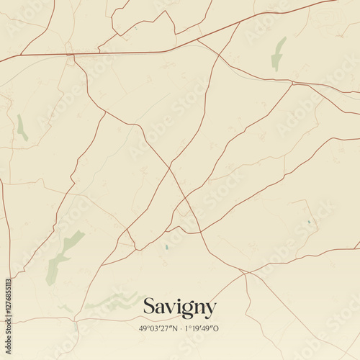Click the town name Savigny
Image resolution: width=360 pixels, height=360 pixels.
click(x=179, y=307)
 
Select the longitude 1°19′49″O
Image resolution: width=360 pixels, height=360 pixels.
click(x=202, y=328)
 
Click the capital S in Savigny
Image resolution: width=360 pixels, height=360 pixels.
click(x=149, y=307)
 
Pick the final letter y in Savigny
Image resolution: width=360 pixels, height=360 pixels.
click(x=210, y=310)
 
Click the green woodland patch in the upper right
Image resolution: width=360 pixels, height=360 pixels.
click(x=278, y=54)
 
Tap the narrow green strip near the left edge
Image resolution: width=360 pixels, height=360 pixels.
click(x=22, y=127)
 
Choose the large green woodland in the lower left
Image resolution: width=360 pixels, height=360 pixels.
click(x=61, y=256)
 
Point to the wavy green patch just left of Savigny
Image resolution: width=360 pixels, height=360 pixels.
click(x=112, y=301)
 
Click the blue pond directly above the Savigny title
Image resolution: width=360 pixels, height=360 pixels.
click(x=166, y=247)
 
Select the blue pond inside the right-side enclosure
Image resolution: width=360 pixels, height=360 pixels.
click(x=308, y=222)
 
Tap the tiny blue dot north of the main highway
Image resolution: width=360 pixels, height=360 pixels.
click(x=135, y=30)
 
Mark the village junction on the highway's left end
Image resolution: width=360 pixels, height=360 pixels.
click(x=70, y=54)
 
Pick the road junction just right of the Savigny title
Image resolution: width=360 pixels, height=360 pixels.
click(x=245, y=273)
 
